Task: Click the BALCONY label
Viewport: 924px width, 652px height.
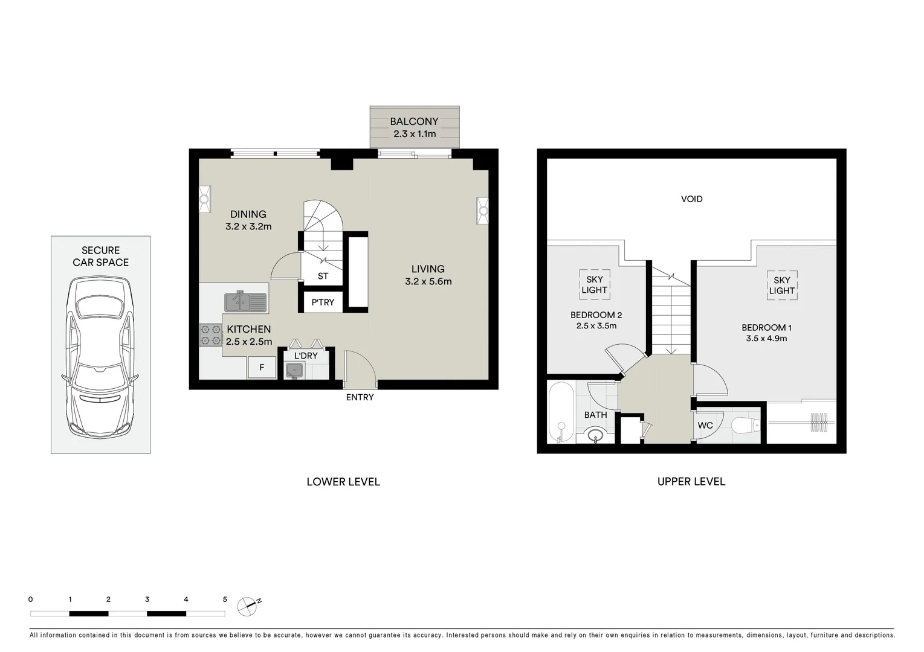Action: pyautogui.click(x=414, y=121)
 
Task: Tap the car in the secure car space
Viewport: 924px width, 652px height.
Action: pyautogui.click(x=100, y=357)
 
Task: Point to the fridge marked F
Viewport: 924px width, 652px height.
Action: pyautogui.click(x=262, y=367)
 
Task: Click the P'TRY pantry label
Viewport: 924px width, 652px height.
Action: pyautogui.click(x=323, y=302)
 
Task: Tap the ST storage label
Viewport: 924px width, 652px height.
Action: pyautogui.click(x=323, y=276)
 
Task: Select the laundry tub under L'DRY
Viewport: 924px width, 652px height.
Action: pyautogui.click(x=294, y=371)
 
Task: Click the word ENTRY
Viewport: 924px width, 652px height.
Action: pyautogui.click(x=360, y=397)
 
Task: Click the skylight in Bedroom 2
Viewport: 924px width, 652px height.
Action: pyautogui.click(x=594, y=285)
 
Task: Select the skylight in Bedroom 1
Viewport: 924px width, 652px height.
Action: pyautogui.click(x=781, y=286)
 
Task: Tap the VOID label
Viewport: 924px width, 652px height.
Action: pyautogui.click(x=691, y=199)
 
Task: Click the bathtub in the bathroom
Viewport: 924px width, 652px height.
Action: pyautogui.click(x=560, y=413)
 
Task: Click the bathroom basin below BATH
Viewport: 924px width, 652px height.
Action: pyautogui.click(x=596, y=435)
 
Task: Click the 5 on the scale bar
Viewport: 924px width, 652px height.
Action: pyautogui.click(x=225, y=599)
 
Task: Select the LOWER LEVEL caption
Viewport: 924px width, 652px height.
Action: pyautogui.click(x=343, y=482)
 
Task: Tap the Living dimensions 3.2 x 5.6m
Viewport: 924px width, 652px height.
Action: pyautogui.click(x=428, y=281)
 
